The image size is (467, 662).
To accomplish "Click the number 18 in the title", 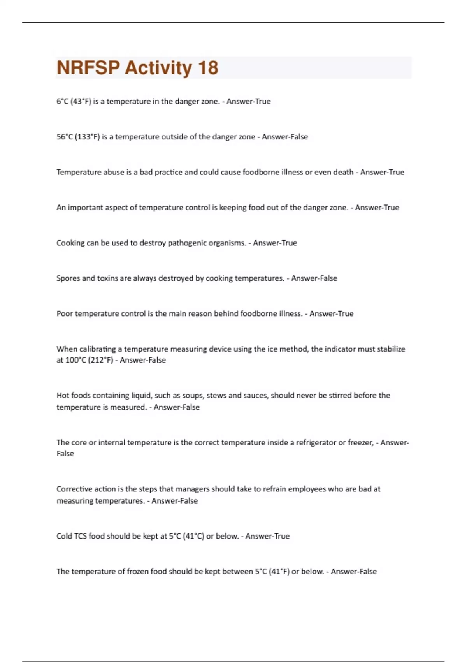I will pos(208,68).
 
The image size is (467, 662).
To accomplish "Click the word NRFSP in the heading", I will pos(88,68).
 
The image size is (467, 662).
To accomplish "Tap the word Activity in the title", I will pos(158,68).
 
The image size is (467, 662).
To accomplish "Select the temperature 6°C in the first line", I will pos(62,101).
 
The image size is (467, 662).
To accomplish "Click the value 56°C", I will pos(65,137).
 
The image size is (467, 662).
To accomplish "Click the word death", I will pos(342,172).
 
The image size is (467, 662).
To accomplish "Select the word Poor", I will pos(65,314).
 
